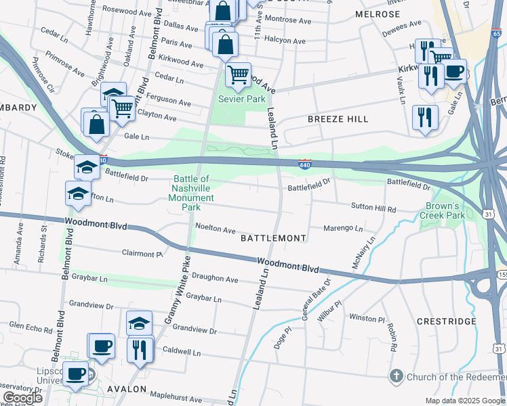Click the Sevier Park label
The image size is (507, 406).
point(241,99)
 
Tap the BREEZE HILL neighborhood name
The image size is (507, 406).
point(338,119)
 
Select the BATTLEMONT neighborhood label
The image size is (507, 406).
point(274,238)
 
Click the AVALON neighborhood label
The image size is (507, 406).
point(127,389)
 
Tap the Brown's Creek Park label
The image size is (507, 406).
point(445,210)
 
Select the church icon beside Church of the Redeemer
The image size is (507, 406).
point(396,376)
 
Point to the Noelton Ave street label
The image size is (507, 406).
point(215,229)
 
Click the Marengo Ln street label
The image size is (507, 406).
point(343,228)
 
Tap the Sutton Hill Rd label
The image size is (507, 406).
point(373,208)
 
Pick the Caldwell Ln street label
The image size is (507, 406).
point(182,353)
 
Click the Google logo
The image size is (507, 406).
point(22,399)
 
